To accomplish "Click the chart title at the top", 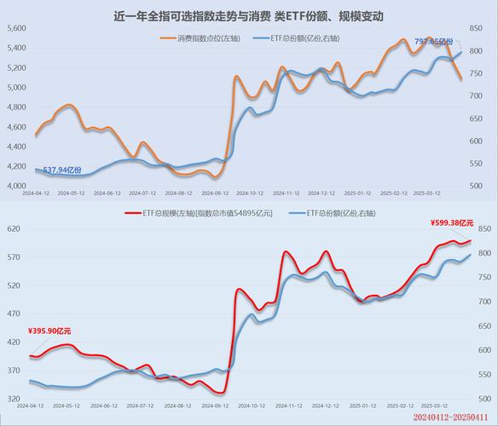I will (x=248, y=16).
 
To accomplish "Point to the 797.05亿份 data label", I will (x=434, y=41).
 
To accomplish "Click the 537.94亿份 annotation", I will (x=62, y=170).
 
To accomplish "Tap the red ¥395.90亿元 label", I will (x=49, y=331).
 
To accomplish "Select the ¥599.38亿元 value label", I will (x=452, y=222).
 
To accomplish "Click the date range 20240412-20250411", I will (x=453, y=418).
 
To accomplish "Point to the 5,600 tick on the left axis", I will (x=17, y=28).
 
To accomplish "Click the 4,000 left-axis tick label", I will (x=17, y=187).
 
